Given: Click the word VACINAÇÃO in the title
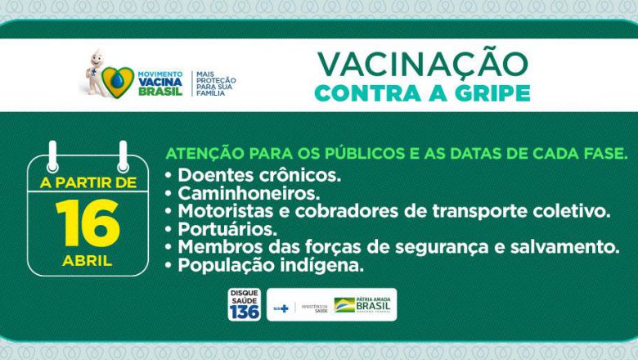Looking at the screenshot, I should pos(422,64).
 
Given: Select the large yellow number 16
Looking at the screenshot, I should pos(88,223).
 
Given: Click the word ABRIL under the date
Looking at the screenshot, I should pos(88,261).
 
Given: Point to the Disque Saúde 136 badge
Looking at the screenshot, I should pos(244,304).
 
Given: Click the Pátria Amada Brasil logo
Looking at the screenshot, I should pos(364,304).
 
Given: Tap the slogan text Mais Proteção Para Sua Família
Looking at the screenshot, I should pos(214,83).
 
